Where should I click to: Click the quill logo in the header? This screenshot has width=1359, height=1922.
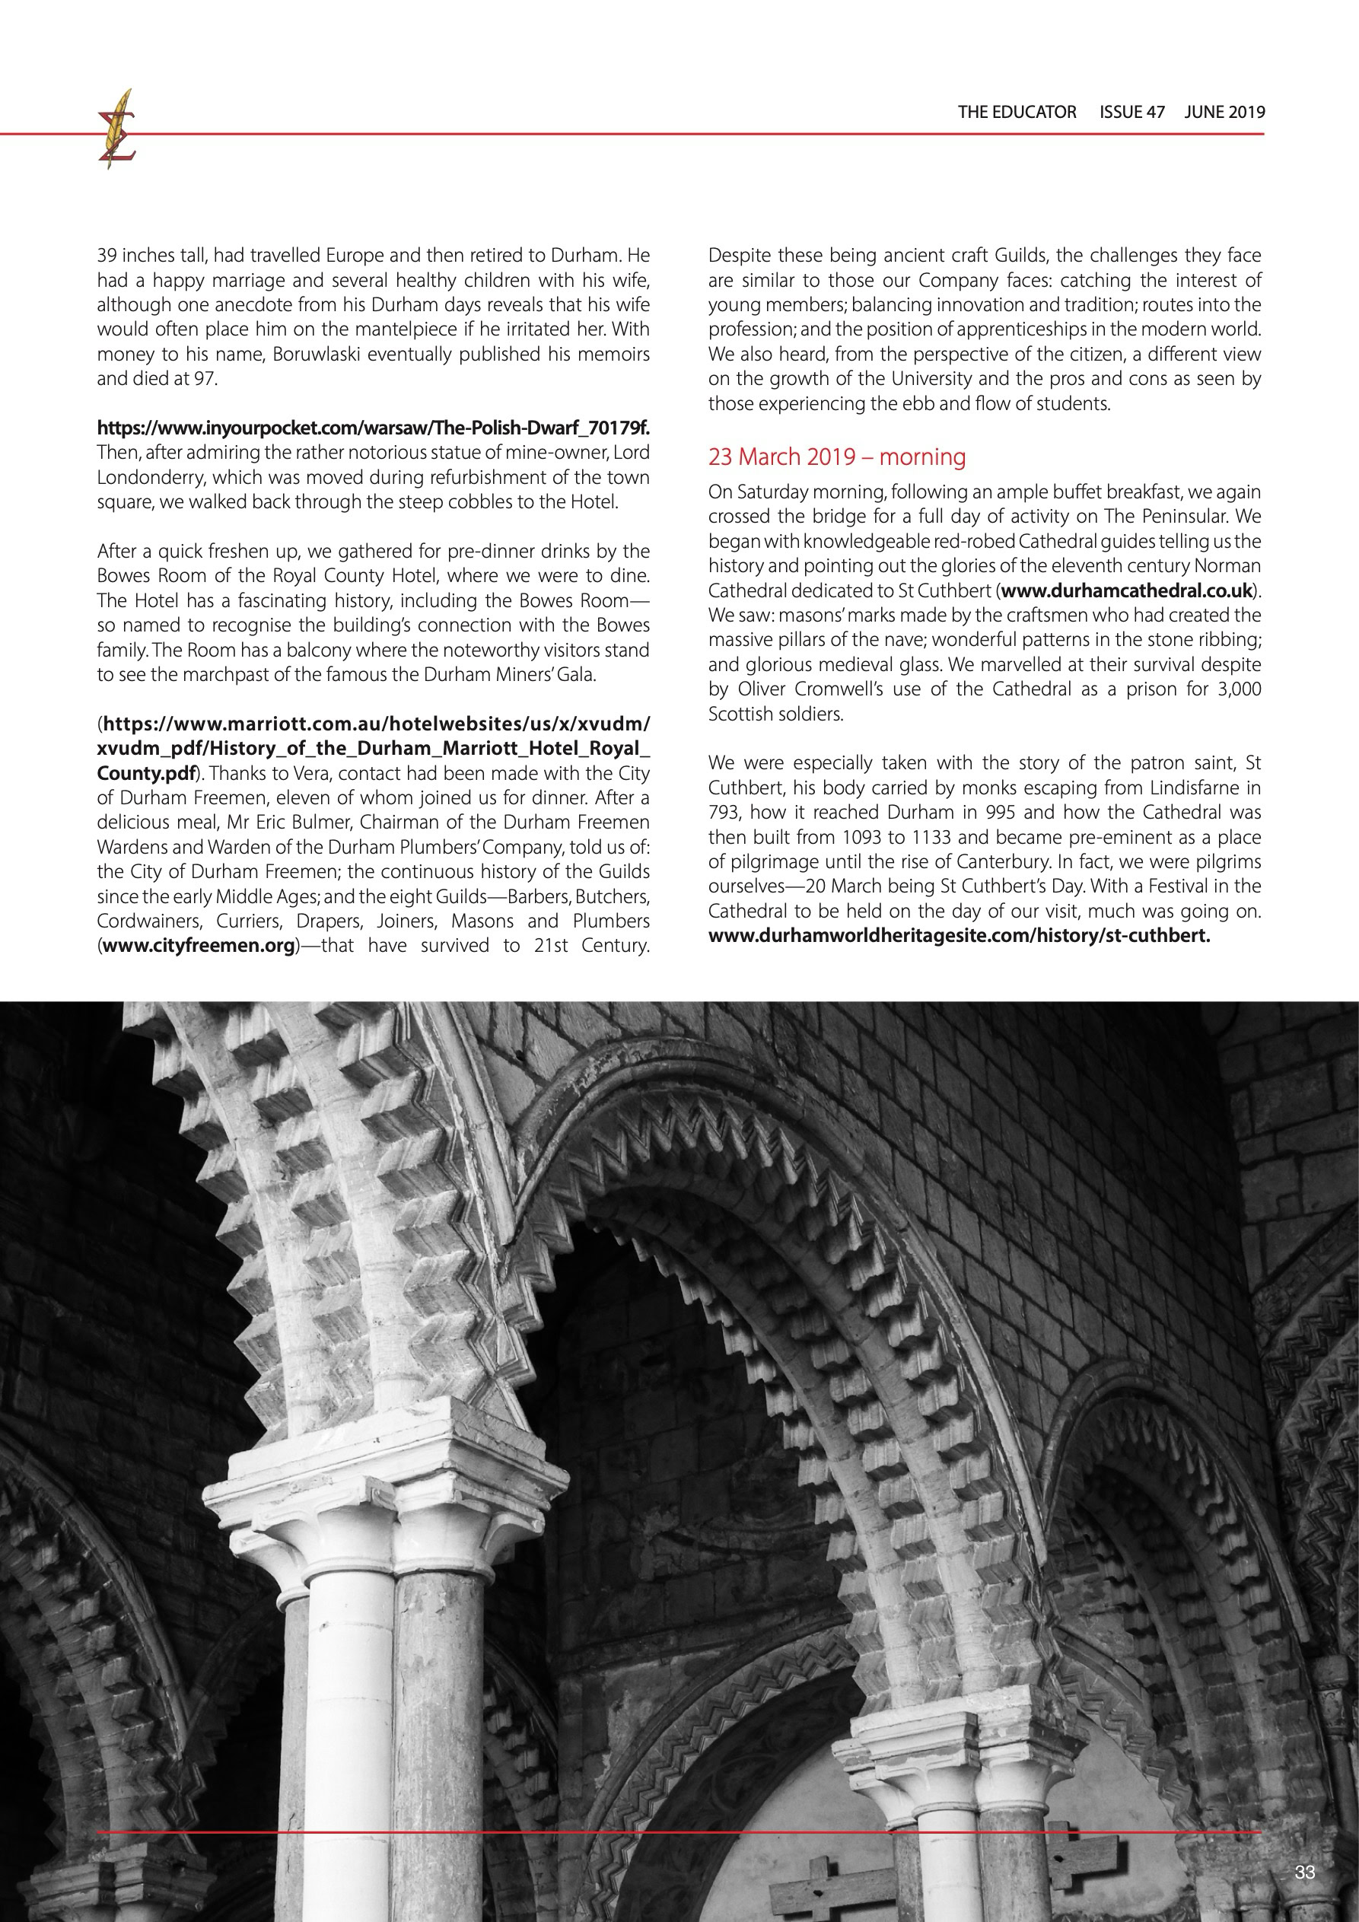coord(116,130)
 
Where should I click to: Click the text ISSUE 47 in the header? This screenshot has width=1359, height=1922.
coord(1131,112)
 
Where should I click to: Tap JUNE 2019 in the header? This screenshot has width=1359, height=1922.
coord(1224,112)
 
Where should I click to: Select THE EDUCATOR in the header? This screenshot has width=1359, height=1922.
coord(1017,112)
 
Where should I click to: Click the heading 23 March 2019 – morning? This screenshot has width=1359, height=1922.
coord(836,457)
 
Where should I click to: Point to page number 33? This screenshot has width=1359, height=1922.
coord(1303,1873)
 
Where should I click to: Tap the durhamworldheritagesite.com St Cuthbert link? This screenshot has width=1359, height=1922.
coord(959,936)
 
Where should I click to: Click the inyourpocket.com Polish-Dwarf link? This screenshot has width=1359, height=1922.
coord(374,428)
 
